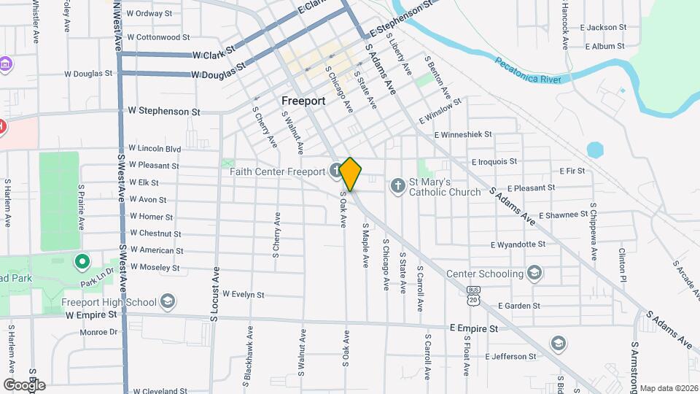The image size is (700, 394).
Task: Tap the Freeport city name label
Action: [x=303, y=101]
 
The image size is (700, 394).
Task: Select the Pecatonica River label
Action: [x=529, y=70]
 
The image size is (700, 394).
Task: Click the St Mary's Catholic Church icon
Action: [x=397, y=185]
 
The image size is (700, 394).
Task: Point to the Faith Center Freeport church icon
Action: [x=334, y=171]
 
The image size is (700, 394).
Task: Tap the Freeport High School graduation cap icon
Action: [x=168, y=301]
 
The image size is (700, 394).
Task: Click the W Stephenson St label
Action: [x=163, y=112]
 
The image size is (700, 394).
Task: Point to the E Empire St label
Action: [x=474, y=329]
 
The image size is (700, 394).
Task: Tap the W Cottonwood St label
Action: [x=157, y=36]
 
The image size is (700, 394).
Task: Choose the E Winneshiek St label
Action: [x=464, y=135]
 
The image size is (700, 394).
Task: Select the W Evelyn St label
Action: [x=243, y=295]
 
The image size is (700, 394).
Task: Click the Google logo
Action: [x=24, y=385]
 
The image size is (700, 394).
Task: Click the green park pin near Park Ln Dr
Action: [x=82, y=260]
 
